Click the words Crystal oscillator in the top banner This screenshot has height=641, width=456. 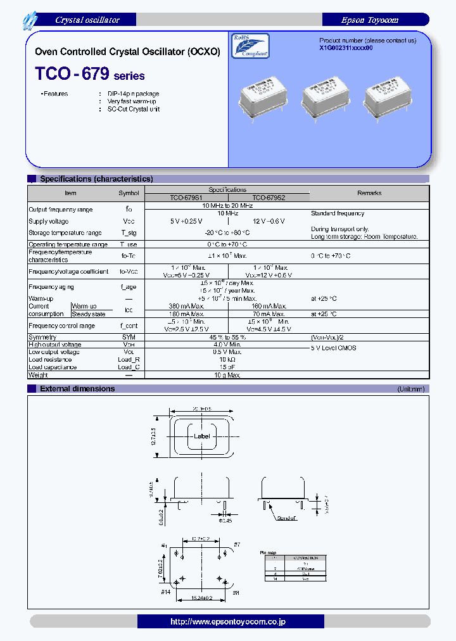87,20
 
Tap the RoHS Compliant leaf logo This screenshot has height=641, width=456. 252,47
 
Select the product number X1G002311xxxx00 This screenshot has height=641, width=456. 350,48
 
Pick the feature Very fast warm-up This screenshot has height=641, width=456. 132,101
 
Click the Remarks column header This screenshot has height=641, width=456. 369,193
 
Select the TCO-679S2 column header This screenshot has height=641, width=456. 269,198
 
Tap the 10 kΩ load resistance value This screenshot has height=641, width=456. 227,359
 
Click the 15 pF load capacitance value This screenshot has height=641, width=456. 227,367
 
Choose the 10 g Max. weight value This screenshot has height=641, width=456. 227,376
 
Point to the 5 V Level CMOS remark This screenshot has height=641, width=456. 334,348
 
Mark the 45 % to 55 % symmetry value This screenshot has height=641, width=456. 227,338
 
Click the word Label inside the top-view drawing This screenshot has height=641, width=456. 201,436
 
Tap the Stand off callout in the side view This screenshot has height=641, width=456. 286,518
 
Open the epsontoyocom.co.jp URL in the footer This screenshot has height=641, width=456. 227,621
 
